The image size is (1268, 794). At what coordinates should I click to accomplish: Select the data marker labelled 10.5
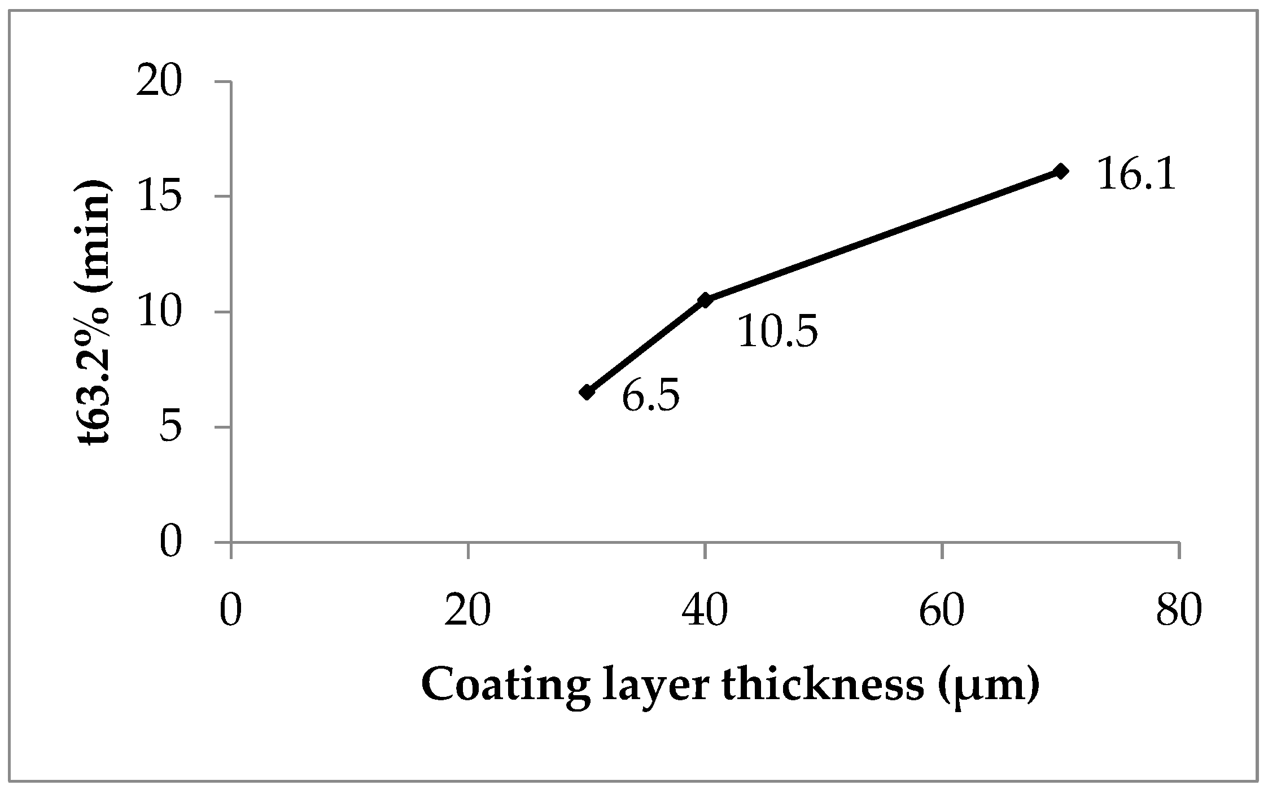tap(705, 300)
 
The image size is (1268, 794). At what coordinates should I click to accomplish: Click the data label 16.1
tap(1136, 175)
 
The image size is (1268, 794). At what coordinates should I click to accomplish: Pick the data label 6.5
tap(650, 397)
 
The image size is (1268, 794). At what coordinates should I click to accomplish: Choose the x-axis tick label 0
tap(230, 612)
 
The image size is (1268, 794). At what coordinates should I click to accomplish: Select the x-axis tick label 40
tap(705, 612)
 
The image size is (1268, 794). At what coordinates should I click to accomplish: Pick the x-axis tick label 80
tap(1178, 612)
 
